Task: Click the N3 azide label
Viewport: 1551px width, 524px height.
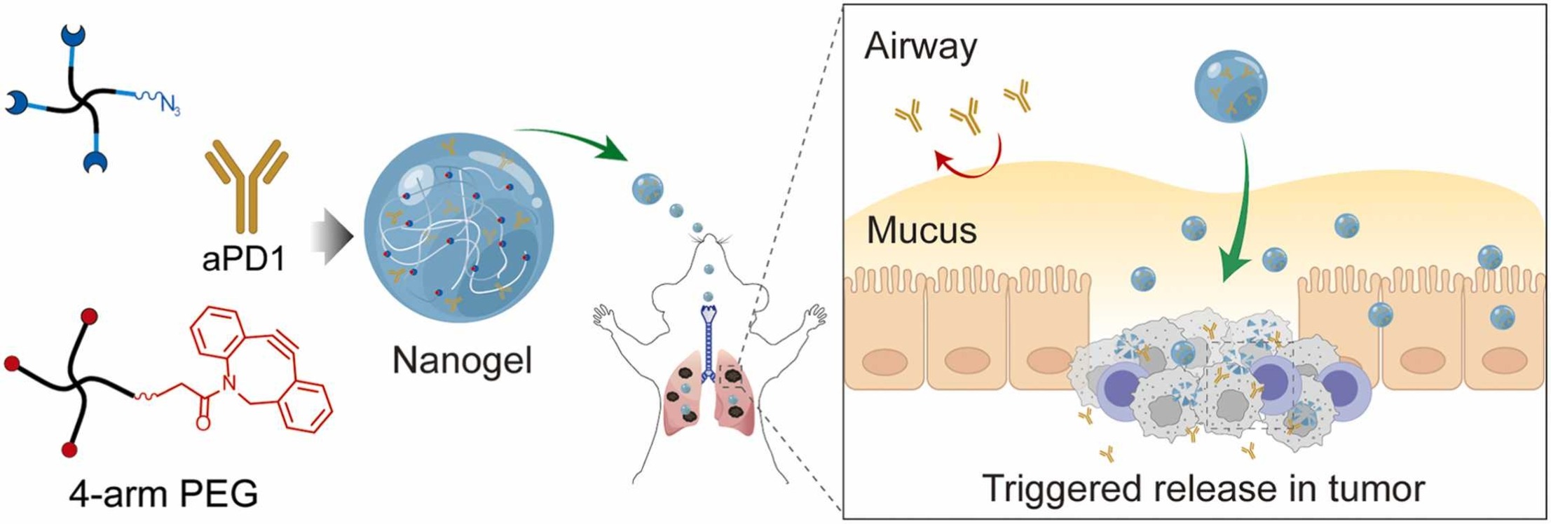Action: [x=168, y=106]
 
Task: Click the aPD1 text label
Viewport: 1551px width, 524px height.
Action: [x=244, y=259]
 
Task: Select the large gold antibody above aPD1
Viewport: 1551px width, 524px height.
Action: [x=246, y=185]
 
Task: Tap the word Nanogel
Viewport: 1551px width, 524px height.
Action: [x=462, y=361]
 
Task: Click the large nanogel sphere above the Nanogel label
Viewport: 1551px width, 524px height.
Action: [x=458, y=228]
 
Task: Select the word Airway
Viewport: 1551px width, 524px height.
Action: [x=920, y=47]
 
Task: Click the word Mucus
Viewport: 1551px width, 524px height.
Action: [x=921, y=230]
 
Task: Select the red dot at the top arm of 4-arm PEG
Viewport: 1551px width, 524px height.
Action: [x=89, y=317]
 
